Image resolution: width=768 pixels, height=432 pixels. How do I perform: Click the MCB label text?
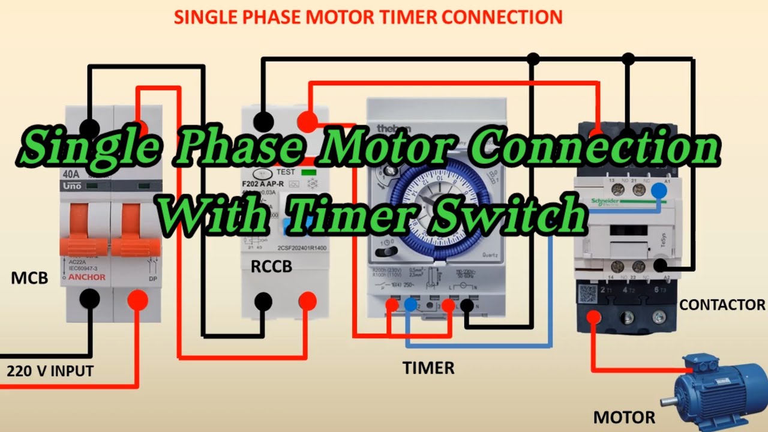tap(29, 278)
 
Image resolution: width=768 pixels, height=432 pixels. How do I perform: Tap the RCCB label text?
tap(271, 266)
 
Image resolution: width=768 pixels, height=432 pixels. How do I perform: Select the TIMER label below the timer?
tap(428, 368)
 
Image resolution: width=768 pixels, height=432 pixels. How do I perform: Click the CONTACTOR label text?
tap(722, 305)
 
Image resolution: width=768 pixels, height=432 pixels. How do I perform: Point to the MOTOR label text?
tap(624, 416)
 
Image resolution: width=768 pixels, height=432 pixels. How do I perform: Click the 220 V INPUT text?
tap(50, 371)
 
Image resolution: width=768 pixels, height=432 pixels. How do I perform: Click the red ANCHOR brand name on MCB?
tap(86, 277)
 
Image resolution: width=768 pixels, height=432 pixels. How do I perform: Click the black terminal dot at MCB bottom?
tap(90, 298)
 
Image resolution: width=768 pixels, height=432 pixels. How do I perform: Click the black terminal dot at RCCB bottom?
tap(263, 301)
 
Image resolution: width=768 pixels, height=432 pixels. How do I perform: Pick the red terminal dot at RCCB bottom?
tap(307, 301)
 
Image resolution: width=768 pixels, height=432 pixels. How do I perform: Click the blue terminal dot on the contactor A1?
tap(659, 190)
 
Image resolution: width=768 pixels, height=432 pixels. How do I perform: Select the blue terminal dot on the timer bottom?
tap(410, 305)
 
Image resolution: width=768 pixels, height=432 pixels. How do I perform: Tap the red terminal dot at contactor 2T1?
tap(595, 317)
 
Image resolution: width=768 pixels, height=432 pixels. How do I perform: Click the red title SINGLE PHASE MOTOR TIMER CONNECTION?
tap(368, 17)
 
